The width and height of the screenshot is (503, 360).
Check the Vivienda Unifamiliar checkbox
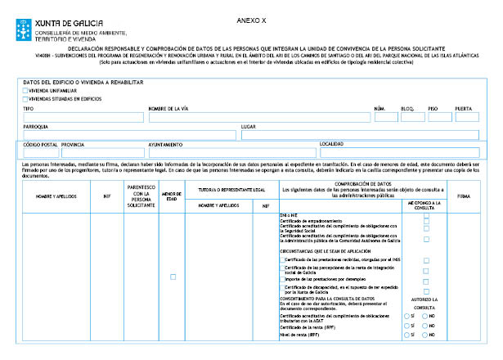pos(25,91)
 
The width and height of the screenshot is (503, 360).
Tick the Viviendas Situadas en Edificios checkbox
pos(25,98)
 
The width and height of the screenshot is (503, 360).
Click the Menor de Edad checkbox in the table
pos(172,277)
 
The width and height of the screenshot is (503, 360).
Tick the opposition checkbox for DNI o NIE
pos(425,215)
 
